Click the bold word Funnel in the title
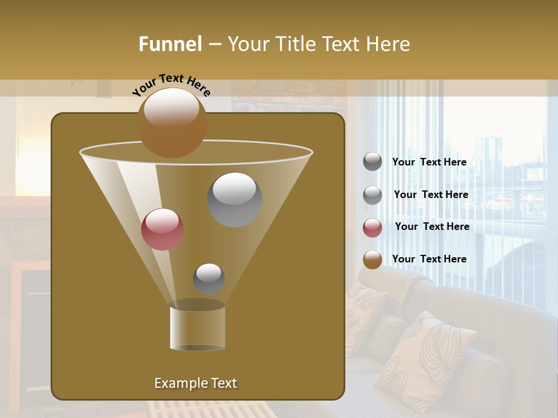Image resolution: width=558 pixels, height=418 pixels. (x=170, y=44)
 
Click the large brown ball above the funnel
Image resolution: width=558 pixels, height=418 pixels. (x=172, y=122)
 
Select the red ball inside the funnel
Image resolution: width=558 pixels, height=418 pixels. (x=162, y=229)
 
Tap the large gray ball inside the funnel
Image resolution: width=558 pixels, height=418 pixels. (x=235, y=200)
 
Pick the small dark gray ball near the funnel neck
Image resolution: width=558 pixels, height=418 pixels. (x=209, y=279)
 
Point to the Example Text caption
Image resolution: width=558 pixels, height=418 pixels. (x=195, y=383)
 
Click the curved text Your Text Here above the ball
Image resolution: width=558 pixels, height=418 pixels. (x=171, y=84)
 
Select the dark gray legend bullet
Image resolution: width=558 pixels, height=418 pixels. (x=373, y=162)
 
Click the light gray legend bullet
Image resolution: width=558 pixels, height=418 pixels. (x=373, y=194)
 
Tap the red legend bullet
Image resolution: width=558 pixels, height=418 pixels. (x=373, y=227)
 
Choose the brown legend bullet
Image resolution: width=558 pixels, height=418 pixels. (x=373, y=260)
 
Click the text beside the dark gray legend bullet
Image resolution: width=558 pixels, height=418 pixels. (x=429, y=163)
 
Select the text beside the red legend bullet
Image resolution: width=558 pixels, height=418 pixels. (x=432, y=227)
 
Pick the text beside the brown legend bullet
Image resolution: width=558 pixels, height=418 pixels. (x=429, y=259)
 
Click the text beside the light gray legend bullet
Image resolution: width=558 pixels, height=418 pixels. (x=431, y=194)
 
